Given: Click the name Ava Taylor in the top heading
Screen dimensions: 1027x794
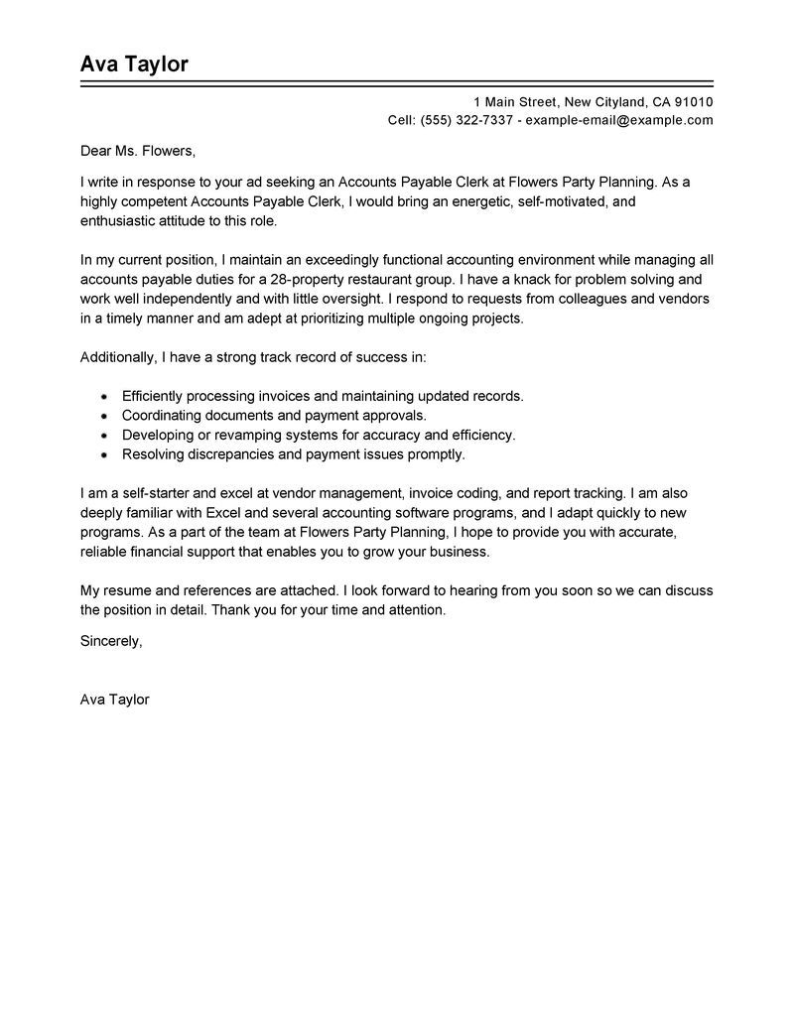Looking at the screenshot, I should pyautogui.click(x=134, y=64).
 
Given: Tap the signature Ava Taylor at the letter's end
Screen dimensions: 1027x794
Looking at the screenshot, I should pyautogui.click(x=114, y=700).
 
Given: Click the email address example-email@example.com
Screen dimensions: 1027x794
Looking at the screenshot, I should pyautogui.click(x=619, y=120).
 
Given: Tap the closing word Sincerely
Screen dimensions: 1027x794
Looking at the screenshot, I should pyautogui.click(x=111, y=641).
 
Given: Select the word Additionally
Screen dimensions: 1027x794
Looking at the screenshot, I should pyautogui.click(x=121, y=356).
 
